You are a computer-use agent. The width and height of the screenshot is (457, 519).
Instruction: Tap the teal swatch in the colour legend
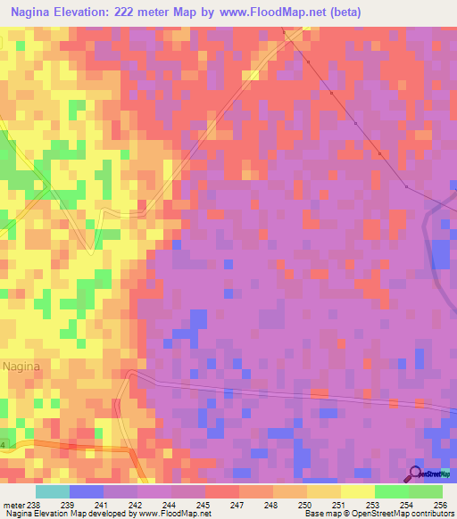click(53, 491)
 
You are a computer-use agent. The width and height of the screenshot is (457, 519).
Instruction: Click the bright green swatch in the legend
click(392, 491)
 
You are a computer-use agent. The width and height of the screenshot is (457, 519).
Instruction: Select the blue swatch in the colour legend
click(87, 491)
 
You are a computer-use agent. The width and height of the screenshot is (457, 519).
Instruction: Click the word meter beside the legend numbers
click(12, 505)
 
